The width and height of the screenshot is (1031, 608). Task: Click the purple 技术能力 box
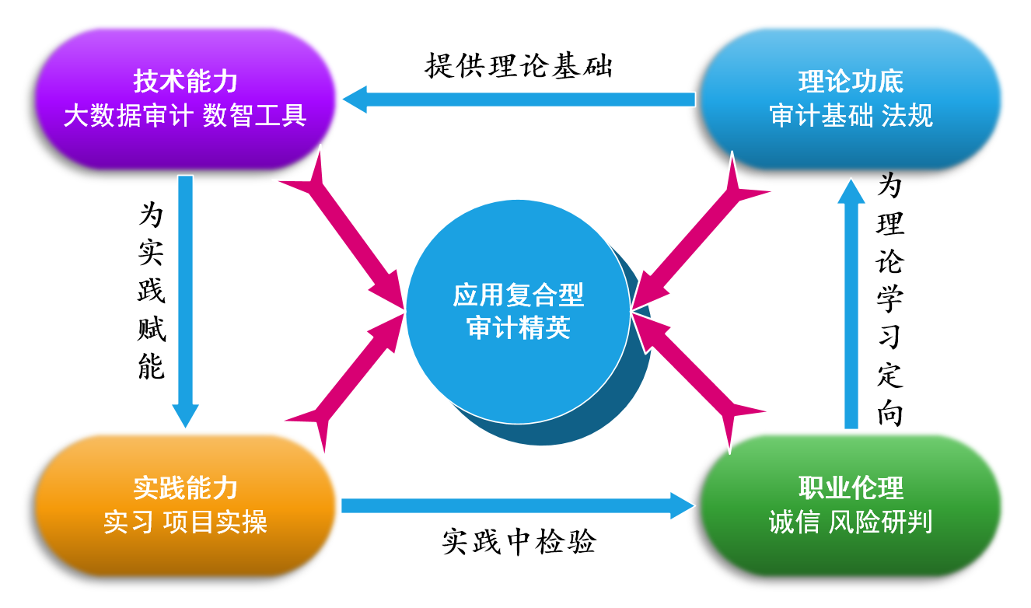point(185,99)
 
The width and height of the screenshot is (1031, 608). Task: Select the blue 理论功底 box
point(851,99)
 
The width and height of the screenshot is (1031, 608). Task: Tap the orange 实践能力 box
point(185,505)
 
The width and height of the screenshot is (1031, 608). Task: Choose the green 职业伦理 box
point(851,505)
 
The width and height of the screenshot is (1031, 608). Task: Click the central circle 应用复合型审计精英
point(518,311)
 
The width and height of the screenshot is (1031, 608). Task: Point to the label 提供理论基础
point(519,66)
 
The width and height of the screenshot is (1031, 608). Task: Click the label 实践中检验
point(519,542)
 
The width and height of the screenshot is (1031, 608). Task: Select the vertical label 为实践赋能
point(152,292)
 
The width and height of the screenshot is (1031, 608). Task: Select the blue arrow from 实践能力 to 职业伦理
point(517,505)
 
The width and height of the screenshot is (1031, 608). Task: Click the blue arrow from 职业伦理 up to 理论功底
point(851,303)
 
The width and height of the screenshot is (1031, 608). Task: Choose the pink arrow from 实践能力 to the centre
point(350,381)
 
